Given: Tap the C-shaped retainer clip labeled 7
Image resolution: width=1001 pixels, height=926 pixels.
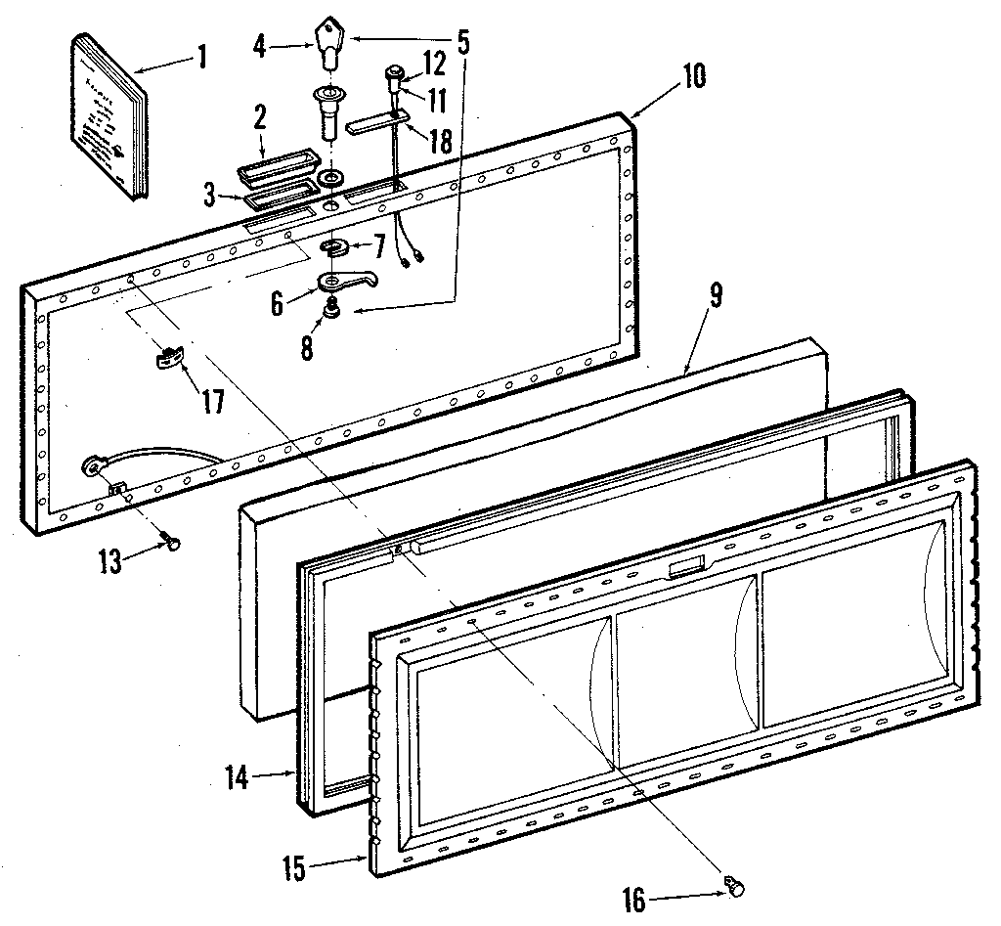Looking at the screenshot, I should tap(338, 248).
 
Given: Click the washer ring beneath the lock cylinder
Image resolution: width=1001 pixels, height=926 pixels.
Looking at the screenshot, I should tap(330, 180).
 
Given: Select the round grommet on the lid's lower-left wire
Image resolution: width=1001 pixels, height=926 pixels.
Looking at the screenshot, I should tap(95, 466).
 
